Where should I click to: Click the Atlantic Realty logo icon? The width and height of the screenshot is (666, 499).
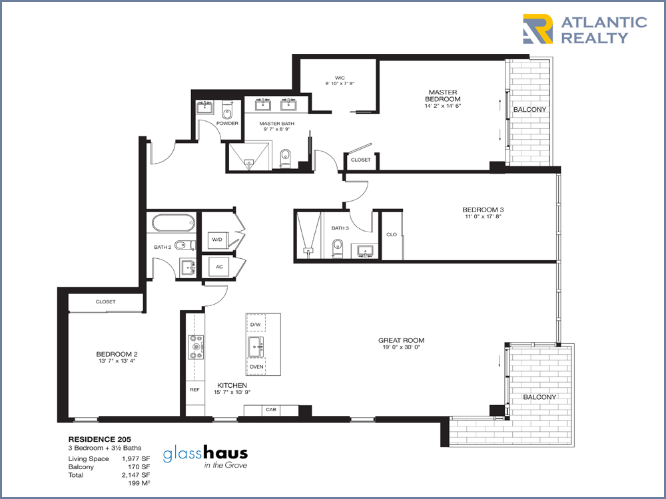click(537, 29)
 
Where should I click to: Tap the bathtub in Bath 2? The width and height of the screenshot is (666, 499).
click(173, 223)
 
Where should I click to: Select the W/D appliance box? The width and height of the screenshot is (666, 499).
click(217, 240)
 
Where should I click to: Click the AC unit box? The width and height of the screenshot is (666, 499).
click(218, 267)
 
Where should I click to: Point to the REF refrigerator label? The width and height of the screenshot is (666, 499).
click(194, 389)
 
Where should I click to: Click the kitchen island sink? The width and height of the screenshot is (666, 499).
click(256, 347)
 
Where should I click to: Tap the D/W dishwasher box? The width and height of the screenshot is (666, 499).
click(256, 324)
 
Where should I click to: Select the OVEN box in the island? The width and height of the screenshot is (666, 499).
click(256, 367)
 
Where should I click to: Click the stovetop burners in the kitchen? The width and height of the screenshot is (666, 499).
click(196, 347)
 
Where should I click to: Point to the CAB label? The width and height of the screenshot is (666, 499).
click(271, 409)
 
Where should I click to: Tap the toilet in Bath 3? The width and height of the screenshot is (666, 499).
click(338, 248)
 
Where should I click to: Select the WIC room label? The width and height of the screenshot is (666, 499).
click(340, 78)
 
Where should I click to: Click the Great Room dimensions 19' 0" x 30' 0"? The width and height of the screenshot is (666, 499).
click(402, 347)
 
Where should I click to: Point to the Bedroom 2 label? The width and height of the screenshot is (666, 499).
click(117, 354)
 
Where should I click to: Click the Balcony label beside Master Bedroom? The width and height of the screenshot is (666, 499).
click(529, 110)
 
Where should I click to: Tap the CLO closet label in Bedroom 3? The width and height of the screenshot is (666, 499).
click(392, 234)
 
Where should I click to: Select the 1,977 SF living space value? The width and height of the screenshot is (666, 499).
click(136, 458)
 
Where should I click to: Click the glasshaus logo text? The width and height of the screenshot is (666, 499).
click(206, 454)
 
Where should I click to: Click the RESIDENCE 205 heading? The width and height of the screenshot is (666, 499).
click(100, 440)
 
